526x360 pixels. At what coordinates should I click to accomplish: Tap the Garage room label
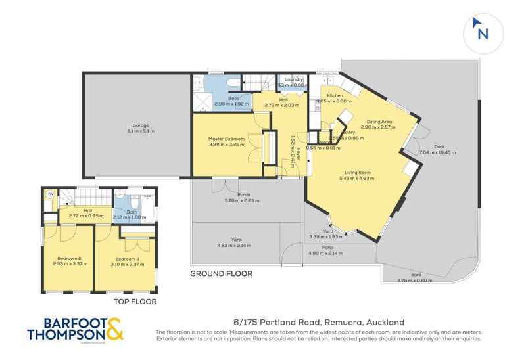pyautogui.click(x=139, y=125)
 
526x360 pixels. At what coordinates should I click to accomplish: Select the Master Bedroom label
pyautogui.click(x=226, y=139)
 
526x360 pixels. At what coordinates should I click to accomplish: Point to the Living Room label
pyautogui.click(x=356, y=172)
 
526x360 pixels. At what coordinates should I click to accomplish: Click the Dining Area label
pyautogui.click(x=379, y=121)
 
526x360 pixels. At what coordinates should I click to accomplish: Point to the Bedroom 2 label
pyautogui.click(x=68, y=259)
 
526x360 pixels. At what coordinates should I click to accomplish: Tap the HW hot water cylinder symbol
pyautogui.click(x=49, y=194)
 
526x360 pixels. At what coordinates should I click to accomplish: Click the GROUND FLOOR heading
pyautogui.click(x=221, y=274)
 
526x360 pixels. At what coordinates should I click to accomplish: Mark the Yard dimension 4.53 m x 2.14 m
pyautogui.click(x=234, y=246)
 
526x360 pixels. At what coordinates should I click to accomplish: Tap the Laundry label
pyautogui.click(x=293, y=79)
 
